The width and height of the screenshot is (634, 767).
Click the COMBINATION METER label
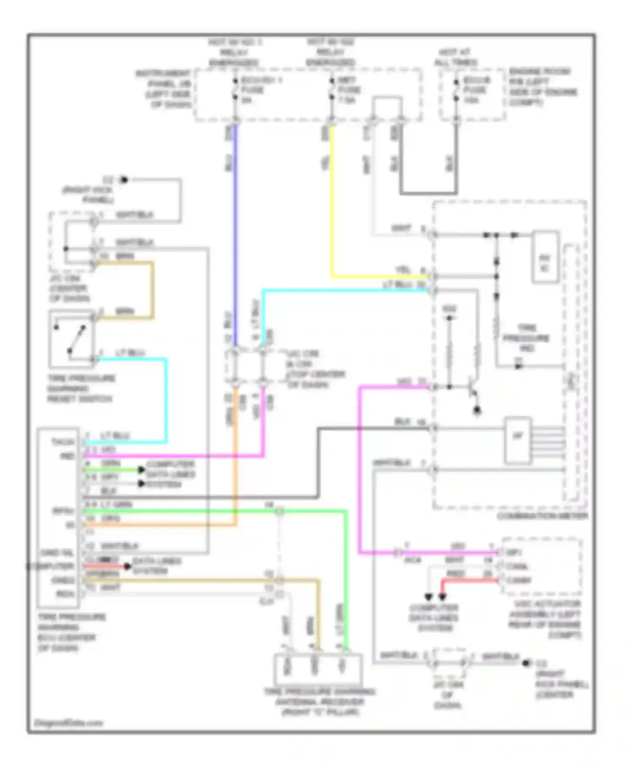click(542, 516)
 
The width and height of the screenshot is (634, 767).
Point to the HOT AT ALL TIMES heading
click(455, 57)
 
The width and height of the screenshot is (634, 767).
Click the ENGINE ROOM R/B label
click(543, 87)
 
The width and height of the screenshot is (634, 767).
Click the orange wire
click(235, 465)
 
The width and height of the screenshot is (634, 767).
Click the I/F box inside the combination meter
click(517, 440)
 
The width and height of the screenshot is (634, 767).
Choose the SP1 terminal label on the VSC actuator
click(514, 552)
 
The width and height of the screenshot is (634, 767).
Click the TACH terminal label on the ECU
click(62, 442)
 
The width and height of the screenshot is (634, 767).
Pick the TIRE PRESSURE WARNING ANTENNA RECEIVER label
click(319, 702)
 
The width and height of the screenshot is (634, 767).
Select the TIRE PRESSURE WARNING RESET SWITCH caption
click(80, 388)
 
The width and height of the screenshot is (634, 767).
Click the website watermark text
click(68, 723)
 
